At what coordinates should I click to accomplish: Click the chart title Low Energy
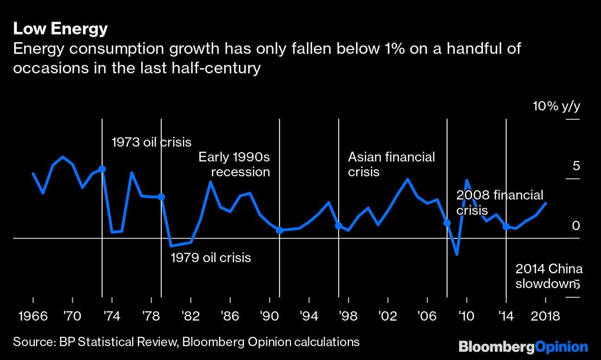tap(60, 29)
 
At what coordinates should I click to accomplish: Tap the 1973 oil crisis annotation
tap(152, 142)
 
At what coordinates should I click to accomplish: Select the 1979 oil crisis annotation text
tap(211, 257)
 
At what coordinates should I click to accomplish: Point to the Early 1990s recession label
tap(234, 164)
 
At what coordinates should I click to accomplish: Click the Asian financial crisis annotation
tap(391, 164)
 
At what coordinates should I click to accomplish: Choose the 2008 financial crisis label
tap(499, 202)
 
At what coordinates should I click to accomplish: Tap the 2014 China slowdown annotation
tap(549, 276)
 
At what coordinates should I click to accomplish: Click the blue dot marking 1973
tap(102, 169)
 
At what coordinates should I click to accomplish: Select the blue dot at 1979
tap(161, 197)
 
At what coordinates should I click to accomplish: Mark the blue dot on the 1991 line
tap(280, 231)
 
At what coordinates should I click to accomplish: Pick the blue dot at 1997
tap(339, 225)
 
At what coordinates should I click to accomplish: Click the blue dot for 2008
tap(447, 223)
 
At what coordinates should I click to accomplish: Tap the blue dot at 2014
tap(506, 226)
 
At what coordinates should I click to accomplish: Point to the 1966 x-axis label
tap(33, 316)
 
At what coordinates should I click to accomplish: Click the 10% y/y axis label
tap(556, 107)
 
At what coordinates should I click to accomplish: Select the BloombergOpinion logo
tap(523, 346)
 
